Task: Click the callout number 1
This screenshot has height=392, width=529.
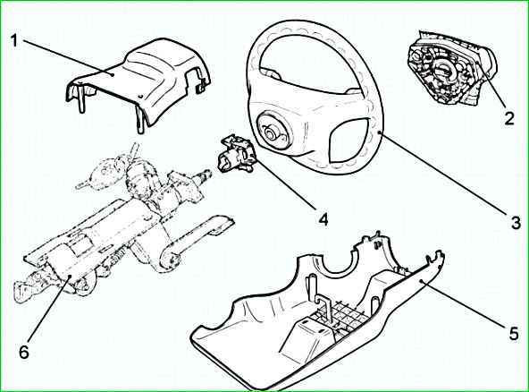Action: [13, 41]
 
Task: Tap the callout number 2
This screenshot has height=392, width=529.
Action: [509, 118]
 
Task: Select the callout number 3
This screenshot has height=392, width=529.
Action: [516, 223]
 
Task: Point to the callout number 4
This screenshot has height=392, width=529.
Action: [323, 219]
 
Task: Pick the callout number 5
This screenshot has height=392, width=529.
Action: [513, 334]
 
